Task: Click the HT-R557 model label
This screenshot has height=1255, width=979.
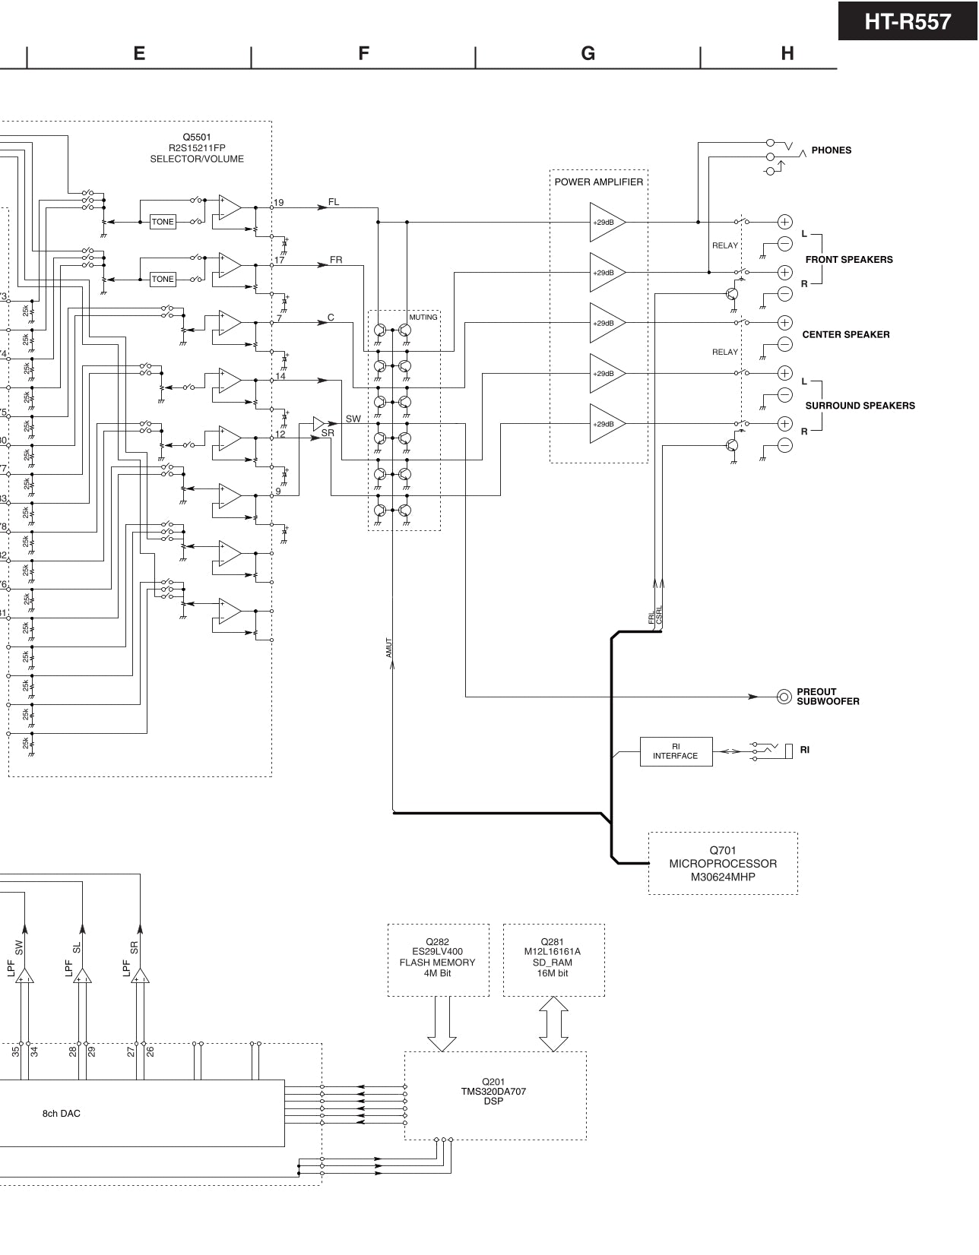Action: tap(908, 21)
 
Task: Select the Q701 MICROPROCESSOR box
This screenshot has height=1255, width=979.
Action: tap(722, 864)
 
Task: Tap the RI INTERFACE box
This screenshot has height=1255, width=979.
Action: tap(676, 751)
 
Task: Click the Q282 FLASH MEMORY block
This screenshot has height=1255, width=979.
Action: tap(438, 959)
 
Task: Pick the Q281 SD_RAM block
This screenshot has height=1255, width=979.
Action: tap(553, 959)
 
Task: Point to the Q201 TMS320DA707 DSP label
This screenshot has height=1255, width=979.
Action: tap(493, 1092)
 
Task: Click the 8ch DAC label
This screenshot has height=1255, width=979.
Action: tap(61, 1114)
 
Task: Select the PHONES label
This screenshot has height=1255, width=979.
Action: tap(831, 150)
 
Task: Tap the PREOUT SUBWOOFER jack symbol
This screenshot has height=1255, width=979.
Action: tap(784, 697)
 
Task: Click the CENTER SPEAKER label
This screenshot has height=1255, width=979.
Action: tap(845, 334)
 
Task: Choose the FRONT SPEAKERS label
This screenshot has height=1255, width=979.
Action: tap(848, 260)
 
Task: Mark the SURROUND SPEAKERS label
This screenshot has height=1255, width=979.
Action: tap(860, 406)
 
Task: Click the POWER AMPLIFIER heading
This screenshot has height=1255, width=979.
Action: tap(598, 182)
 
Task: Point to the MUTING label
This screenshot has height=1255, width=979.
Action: tap(423, 318)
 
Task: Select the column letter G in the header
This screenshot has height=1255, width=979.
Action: tap(588, 53)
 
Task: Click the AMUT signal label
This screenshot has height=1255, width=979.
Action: tap(388, 647)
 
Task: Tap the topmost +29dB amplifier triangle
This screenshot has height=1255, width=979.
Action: tap(606, 223)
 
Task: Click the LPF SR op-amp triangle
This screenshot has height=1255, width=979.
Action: tap(140, 975)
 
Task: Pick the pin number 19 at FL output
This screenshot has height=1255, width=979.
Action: tap(279, 203)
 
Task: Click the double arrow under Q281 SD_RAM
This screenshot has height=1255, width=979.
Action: tap(553, 1023)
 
